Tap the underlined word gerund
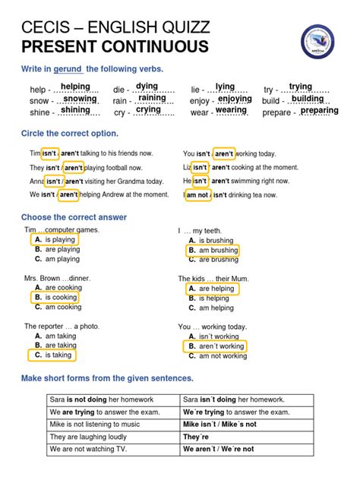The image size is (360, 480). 66,70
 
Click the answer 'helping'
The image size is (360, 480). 75,87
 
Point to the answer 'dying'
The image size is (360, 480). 147,87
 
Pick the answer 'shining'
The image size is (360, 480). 75,110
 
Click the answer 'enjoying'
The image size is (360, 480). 235,99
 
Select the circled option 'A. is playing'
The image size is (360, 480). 55,240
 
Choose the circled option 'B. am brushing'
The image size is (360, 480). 213,250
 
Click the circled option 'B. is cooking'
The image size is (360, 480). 55,298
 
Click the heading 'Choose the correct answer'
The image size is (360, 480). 74,218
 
